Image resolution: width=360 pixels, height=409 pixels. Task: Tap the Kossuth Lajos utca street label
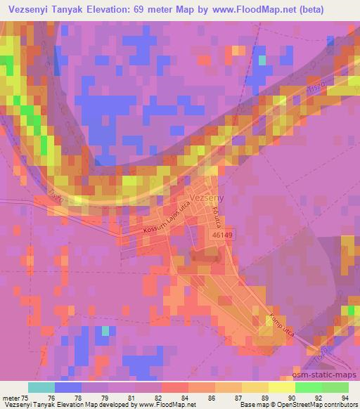[155, 221]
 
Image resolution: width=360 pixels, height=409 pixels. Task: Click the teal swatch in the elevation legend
[41, 387]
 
